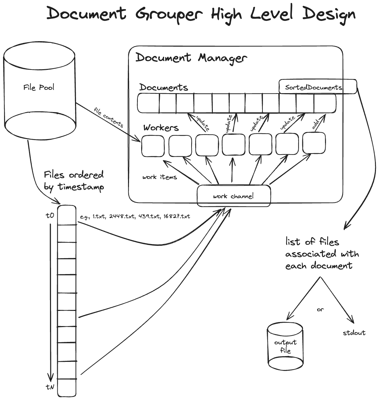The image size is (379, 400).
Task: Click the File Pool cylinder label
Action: click(39, 87)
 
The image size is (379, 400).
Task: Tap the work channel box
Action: click(234, 196)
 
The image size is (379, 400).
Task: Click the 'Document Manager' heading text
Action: click(191, 58)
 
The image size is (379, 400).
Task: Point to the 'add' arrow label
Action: click(316, 126)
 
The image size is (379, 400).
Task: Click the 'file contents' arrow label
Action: click(108, 117)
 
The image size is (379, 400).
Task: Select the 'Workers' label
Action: click(161, 128)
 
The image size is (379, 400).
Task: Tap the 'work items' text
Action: click(159, 177)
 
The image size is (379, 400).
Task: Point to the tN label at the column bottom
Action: click(50, 387)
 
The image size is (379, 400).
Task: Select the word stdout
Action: click(354, 333)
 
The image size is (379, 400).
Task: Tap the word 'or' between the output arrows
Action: click(320, 309)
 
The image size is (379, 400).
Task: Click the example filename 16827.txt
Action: click(176, 216)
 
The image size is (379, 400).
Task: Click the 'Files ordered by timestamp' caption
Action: click(74, 181)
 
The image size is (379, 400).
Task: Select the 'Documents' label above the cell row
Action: click(163, 87)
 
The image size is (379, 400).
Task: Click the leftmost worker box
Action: click(153, 146)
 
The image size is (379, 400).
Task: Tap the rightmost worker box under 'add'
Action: click(314, 143)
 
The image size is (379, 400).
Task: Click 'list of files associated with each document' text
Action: click(322, 254)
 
